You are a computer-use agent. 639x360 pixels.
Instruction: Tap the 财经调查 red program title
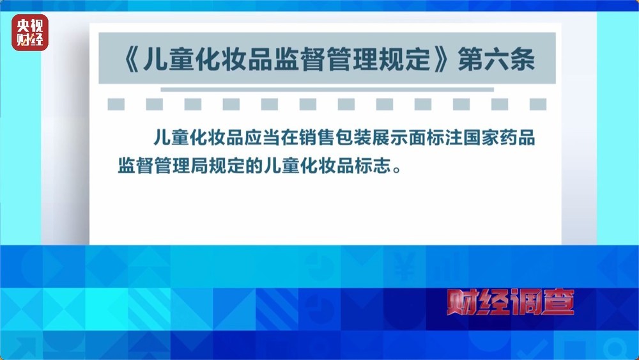click(509, 302)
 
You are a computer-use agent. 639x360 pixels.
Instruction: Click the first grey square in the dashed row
click(116, 104)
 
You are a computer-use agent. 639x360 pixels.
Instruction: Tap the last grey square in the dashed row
click(538, 104)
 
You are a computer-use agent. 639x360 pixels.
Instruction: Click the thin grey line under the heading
click(327, 90)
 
